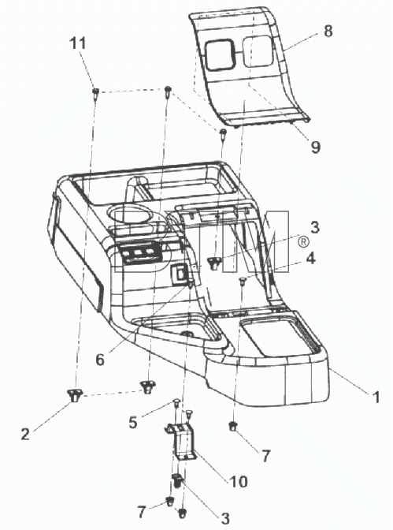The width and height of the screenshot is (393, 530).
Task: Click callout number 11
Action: pos(78,43)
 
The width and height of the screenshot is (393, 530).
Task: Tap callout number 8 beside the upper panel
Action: pos(328,31)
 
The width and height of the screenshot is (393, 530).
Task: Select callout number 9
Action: pos(315,147)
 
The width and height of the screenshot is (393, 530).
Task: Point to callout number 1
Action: pos(376,397)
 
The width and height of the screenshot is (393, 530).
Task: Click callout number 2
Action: pos(25,434)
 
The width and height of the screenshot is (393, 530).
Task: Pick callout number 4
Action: pos(310,259)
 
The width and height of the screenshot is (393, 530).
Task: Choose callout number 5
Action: pos(133,422)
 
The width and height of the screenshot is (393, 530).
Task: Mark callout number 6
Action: pos(100,360)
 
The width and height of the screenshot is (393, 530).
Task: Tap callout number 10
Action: pos(238,481)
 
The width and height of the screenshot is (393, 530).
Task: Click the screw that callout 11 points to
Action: pos(95,92)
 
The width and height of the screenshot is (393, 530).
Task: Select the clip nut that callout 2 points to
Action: pos(75,395)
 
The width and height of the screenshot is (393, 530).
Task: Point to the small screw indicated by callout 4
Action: pos(242,282)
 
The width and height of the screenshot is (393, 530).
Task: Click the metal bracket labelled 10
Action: pos(180,440)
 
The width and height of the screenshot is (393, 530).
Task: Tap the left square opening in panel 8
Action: pos(219,55)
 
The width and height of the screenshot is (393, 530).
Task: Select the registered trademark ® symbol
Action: pos(303,242)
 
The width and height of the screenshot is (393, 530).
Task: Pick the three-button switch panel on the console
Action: pos(139,252)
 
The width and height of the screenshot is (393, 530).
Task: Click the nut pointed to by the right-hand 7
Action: pos(232,427)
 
